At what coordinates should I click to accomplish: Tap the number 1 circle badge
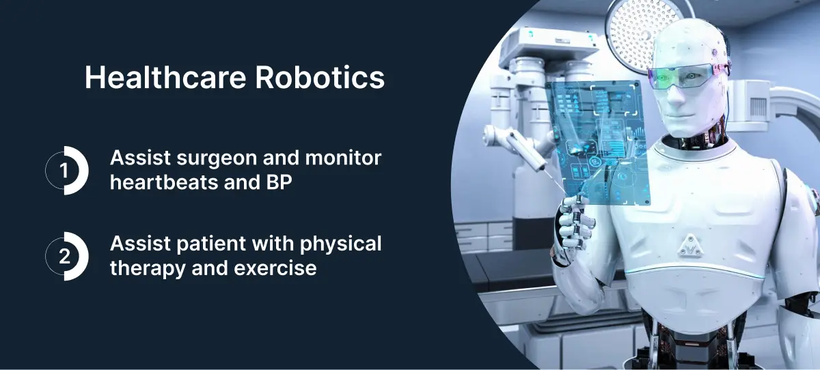66,171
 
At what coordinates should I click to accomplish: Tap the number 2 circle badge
66,256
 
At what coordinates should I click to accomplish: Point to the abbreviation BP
275,182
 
